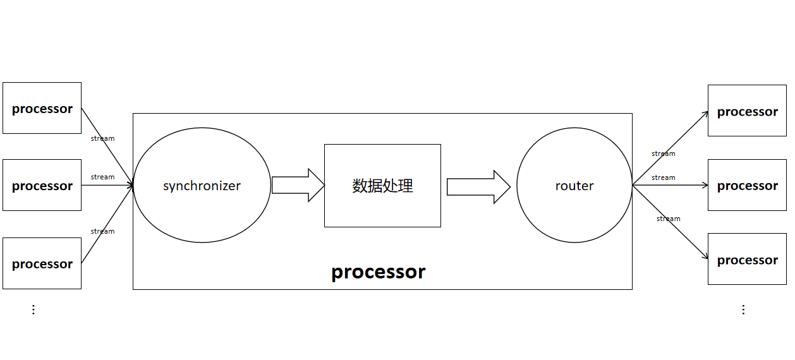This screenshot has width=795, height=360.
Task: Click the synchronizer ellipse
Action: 202,186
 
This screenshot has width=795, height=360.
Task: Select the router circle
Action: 574,186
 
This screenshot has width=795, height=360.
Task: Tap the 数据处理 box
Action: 382,186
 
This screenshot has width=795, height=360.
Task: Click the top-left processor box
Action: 42,108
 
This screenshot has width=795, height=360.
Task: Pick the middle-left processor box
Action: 42,185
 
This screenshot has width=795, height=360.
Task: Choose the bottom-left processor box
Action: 42,263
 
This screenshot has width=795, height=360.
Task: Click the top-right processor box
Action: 747,111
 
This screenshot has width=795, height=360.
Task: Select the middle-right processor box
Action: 747,185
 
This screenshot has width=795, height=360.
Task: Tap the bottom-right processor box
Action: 747,259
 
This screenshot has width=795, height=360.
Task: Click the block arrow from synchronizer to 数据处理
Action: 298,185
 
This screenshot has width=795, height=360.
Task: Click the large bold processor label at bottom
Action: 379,272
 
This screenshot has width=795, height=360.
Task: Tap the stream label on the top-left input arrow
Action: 102,138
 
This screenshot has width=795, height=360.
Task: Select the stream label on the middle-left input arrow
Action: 102,177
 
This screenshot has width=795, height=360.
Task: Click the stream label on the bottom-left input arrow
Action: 102,231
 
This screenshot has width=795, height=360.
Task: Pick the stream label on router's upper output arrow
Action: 663,153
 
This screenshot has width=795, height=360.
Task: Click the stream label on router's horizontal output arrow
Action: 663,177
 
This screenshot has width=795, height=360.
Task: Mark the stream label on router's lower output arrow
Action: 668,219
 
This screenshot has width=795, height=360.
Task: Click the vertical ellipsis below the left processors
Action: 33,309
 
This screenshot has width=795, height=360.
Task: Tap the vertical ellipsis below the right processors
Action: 743,309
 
